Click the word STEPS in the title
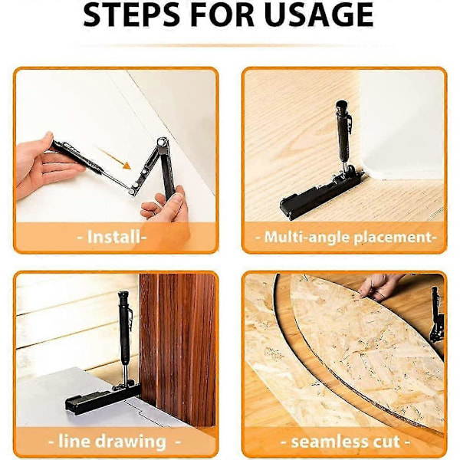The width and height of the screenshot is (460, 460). click(131, 14)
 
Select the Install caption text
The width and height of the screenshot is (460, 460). click(112, 237)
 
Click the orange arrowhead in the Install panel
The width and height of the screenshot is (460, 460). click(127, 166)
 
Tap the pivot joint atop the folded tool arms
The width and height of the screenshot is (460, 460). click(163, 142)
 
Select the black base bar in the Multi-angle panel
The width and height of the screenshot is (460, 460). click(321, 194)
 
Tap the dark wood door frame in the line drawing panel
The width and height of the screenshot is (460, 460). click(177, 349)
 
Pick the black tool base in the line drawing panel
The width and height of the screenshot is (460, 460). click(103, 397)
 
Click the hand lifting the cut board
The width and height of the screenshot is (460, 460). click(380, 286)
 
